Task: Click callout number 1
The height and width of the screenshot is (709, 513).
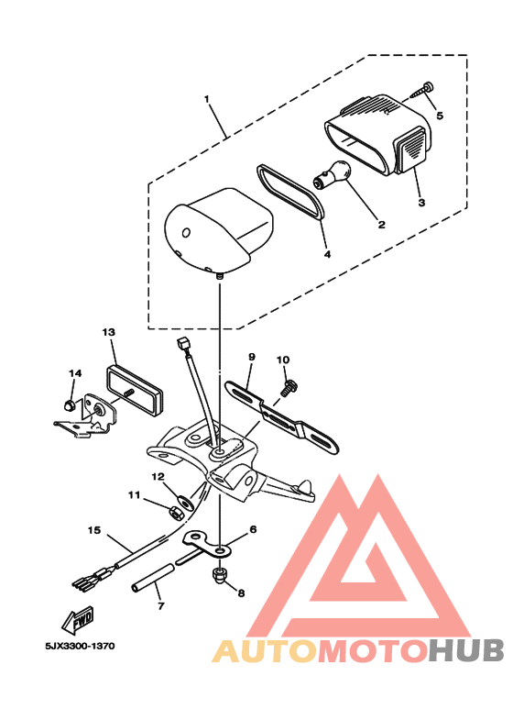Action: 207,98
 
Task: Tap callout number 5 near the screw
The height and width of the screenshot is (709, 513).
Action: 439,116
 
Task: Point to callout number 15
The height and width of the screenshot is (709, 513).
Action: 93,529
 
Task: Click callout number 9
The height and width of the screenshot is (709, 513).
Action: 250,356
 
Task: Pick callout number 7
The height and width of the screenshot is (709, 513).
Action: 159,606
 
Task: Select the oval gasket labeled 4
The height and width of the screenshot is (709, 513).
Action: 290,191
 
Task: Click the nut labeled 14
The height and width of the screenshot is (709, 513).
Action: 71,404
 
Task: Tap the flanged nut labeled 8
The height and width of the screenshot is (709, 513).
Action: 219,575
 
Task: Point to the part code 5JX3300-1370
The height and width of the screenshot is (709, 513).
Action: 79,646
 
